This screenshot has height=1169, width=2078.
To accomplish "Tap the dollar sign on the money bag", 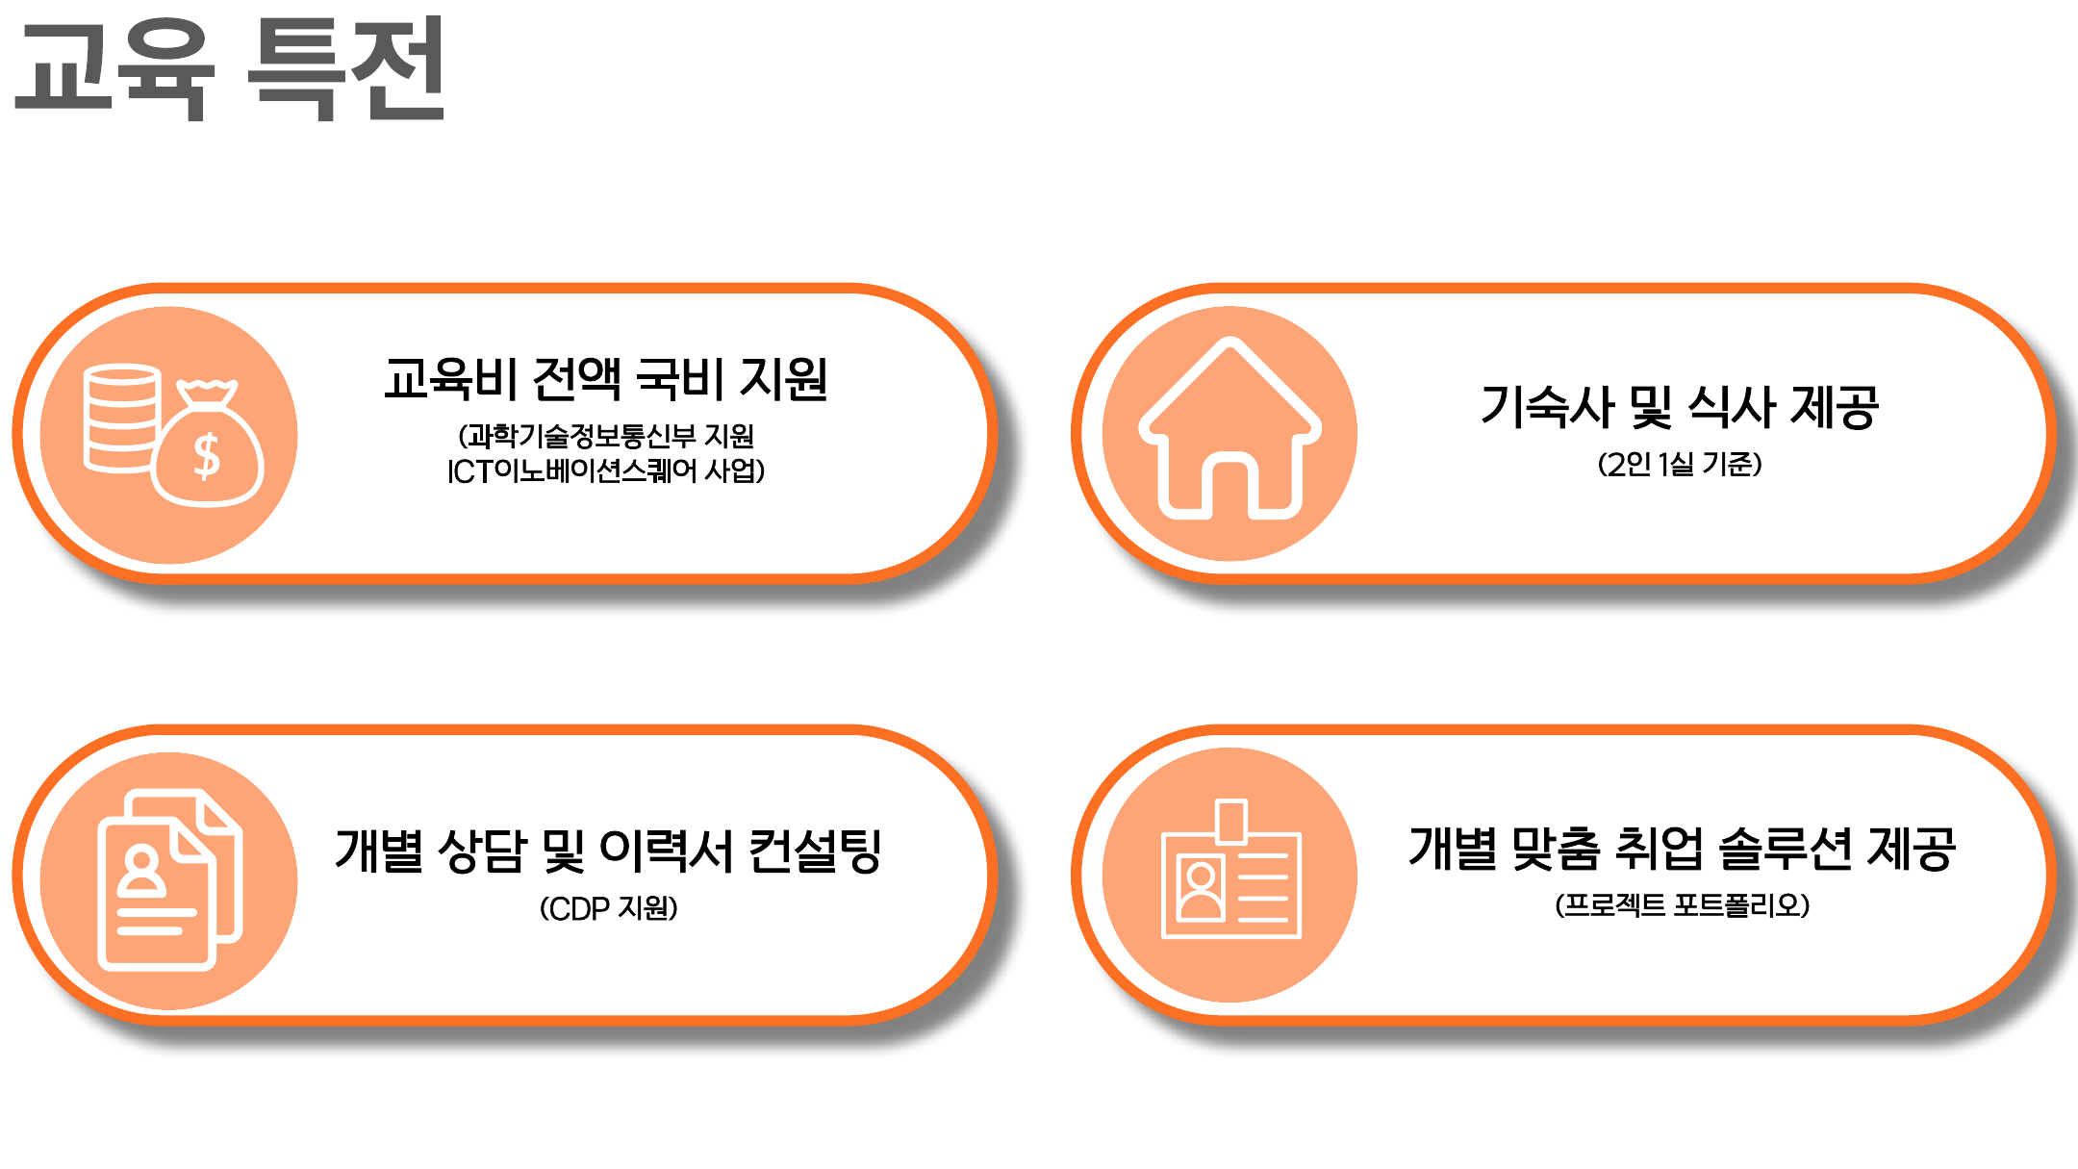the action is [x=207, y=456].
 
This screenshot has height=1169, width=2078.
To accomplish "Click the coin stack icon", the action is [x=121, y=419].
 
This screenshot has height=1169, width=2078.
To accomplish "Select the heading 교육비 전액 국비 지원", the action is [x=606, y=378].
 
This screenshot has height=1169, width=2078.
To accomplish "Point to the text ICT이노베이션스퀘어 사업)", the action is [x=606, y=470].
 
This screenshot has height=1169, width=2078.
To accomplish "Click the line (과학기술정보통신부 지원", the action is [x=606, y=436].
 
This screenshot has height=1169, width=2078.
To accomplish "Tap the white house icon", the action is [x=1229, y=428].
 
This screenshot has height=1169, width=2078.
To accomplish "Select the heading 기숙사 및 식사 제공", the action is [x=1680, y=406].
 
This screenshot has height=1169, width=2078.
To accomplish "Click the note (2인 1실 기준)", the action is [x=1680, y=464].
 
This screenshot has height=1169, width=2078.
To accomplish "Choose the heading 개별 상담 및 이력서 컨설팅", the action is [x=608, y=851].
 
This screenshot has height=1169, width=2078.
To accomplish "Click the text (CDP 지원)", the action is [x=608, y=908].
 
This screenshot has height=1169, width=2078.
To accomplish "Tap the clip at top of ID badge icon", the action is [x=1231, y=821].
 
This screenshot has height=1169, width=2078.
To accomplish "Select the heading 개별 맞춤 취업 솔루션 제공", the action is [x=1683, y=849].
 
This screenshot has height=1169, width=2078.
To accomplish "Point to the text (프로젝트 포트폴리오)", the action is [x=1683, y=905].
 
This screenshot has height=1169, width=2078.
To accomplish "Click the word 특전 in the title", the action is [x=346, y=69].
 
